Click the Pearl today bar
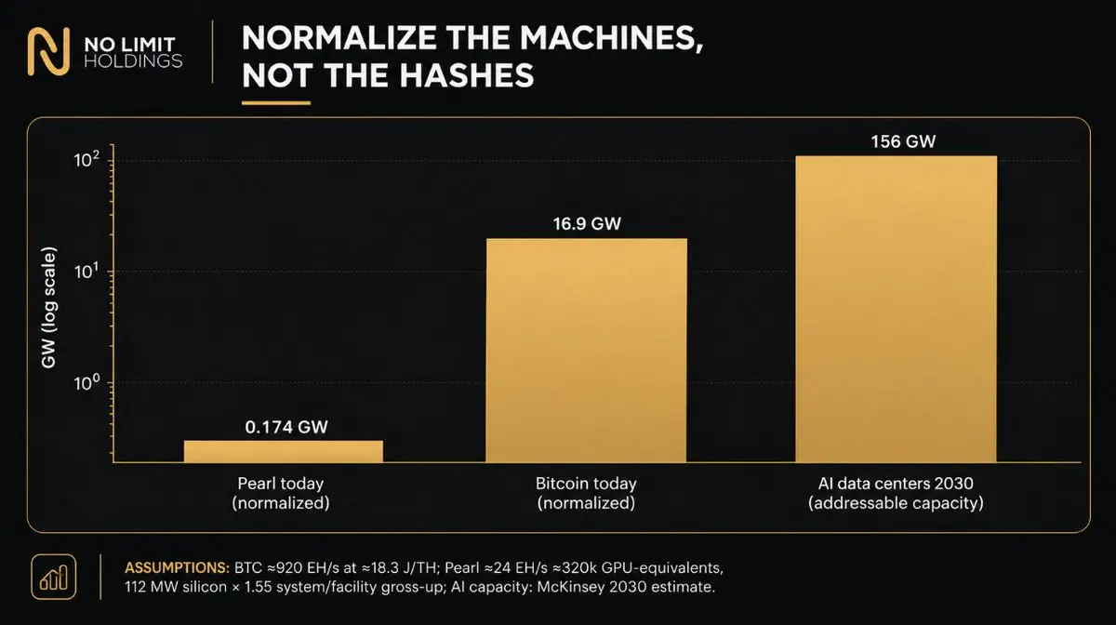coord(284,451)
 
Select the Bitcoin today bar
coord(587,351)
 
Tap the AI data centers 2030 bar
coord(897,309)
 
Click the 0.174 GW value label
coord(286,427)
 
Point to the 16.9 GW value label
coord(587,224)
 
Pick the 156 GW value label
coord(903,141)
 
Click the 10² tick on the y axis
coord(86,159)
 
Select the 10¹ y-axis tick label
coord(86,272)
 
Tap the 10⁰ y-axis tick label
coord(86,383)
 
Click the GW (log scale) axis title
coord(48,308)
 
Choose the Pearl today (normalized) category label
coord(281,493)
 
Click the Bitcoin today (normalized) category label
coord(587,493)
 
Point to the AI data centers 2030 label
coord(896,484)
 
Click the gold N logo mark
coord(48,52)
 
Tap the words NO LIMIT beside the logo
coord(129,45)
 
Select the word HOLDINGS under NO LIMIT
coord(133,61)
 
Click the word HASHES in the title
coord(466,75)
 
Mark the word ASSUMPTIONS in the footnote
coord(177,567)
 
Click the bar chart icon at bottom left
coord(54,578)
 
